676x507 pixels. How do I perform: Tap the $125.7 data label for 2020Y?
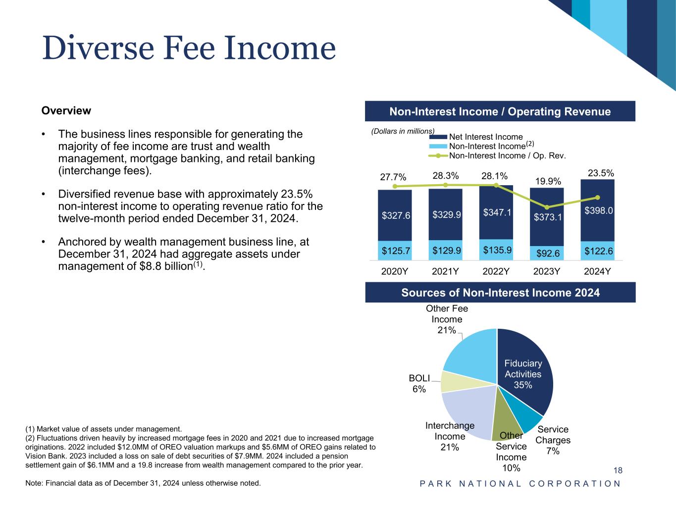[395, 251]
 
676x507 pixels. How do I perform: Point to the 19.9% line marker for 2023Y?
[547, 207]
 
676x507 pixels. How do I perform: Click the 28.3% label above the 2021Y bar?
[445, 176]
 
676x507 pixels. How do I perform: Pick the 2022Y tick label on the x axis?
[496, 271]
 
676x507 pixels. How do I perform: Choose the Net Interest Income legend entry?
[485, 137]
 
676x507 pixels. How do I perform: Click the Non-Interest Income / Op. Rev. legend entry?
[507, 155]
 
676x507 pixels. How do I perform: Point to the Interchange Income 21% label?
[450, 436]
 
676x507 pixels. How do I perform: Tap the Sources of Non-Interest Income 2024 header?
[500, 293]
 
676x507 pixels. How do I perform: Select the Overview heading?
[66, 110]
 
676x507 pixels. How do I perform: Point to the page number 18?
[618, 470]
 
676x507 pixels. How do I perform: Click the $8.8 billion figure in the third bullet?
[166, 266]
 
